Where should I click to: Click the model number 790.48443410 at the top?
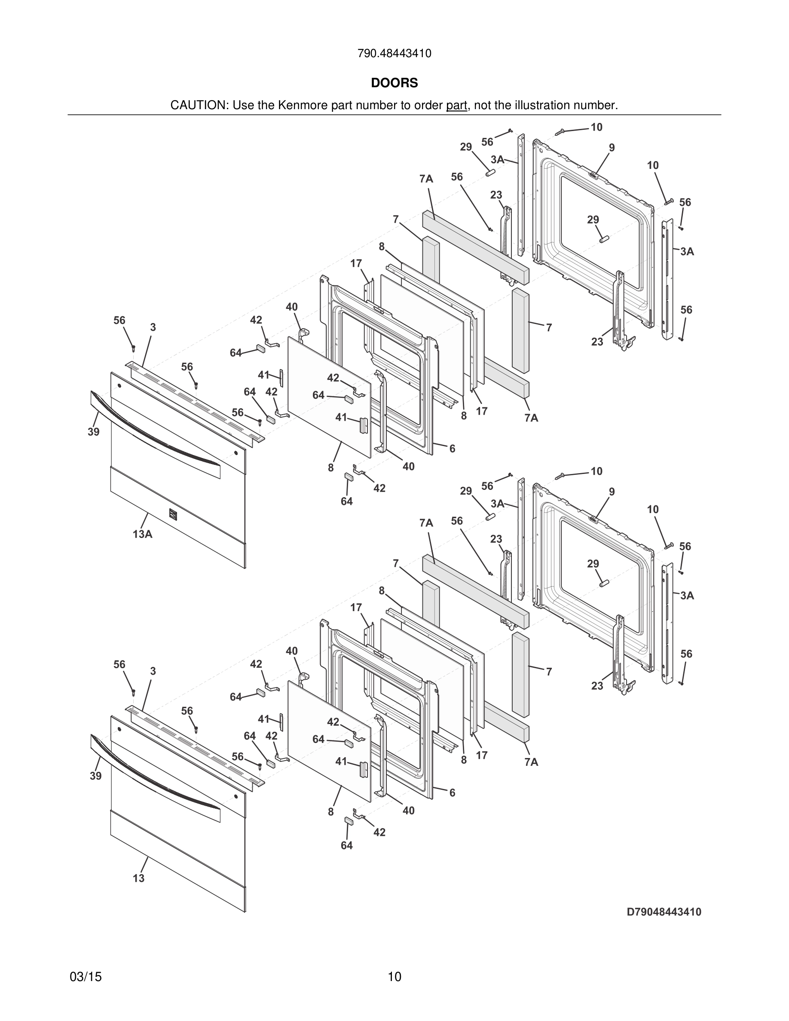pyautogui.click(x=394, y=53)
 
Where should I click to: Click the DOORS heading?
pyautogui.click(x=394, y=83)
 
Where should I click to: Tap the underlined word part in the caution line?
pyautogui.click(x=456, y=106)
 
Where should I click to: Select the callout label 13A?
pyautogui.click(x=142, y=534)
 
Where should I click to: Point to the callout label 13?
pyautogui.click(x=138, y=878)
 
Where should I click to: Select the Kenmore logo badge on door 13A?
pyautogui.click(x=172, y=514)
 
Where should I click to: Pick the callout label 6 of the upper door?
pyautogui.click(x=452, y=449)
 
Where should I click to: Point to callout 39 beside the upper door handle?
pyautogui.click(x=94, y=432)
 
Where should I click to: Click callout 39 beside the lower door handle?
pyautogui.click(x=95, y=776)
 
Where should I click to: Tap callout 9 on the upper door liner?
pyautogui.click(x=612, y=148)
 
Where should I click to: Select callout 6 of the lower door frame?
pyautogui.click(x=452, y=793)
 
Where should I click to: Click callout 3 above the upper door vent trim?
pyautogui.click(x=153, y=327)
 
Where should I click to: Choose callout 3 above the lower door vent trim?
pyautogui.click(x=153, y=671)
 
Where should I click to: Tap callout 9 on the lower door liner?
pyautogui.click(x=612, y=492)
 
